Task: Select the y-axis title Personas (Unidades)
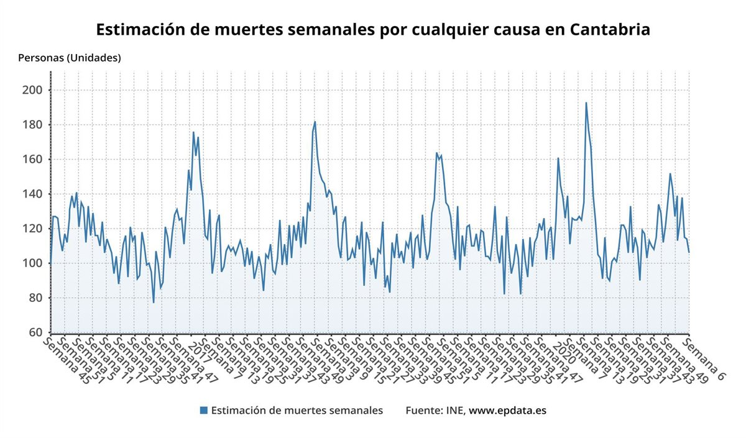70,58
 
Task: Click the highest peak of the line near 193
586,103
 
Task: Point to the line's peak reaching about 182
315,122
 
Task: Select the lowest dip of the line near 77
154,303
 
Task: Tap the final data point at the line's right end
689,252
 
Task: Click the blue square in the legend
203,410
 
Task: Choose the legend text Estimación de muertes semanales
297,410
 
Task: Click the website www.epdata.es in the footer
507,410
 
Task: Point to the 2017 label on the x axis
200,351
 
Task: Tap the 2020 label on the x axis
565,351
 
